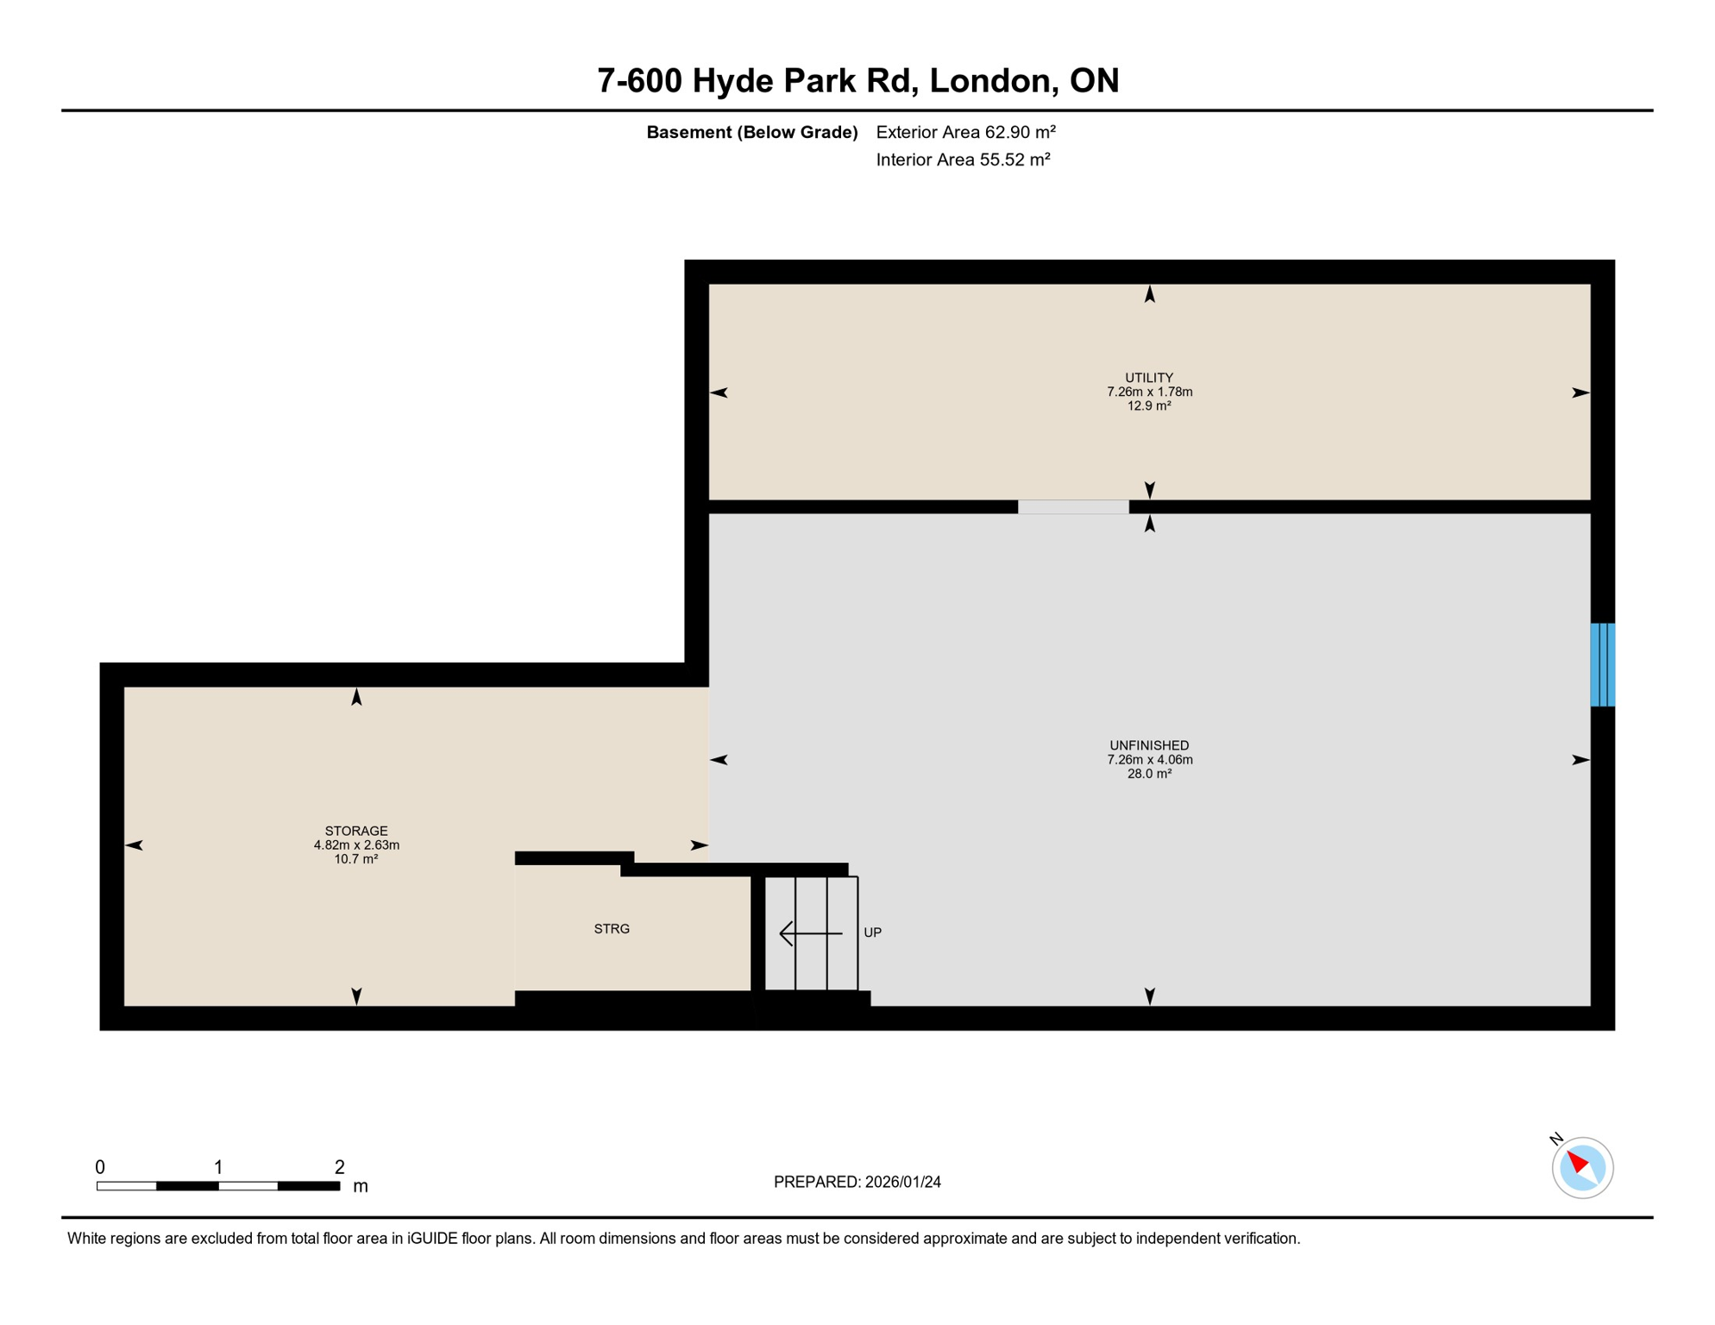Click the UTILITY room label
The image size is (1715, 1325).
click(x=1149, y=378)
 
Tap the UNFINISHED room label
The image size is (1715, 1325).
click(x=1149, y=745)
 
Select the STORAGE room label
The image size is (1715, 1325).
click(x=356, y=831)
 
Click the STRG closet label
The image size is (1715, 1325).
click(x=612, y=929)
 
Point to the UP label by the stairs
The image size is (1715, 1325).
click(x=872, y=933)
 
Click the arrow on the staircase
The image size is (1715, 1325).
click(x=810, y=933)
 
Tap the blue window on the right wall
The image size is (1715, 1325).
click(x=1602, y=665)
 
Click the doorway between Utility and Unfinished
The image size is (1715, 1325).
click(x=1073, y=507)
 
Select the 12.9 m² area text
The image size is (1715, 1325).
click(x=1149, y=406)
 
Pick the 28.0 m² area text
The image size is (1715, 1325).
click(x=1149, y=774)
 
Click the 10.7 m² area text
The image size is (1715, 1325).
click(x=356, y=859)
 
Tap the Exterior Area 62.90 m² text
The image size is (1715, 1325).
click(x=965, y=132)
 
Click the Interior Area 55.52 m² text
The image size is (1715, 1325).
click(x=963, y=160)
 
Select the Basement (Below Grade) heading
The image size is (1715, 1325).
click(x=751, y=132)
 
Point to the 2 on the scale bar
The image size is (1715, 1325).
click(x=340, y=1167)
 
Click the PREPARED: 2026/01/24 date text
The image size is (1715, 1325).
click(x=857, y=1182)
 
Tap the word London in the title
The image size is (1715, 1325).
click(x=993, y=80)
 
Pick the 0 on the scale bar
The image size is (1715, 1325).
click(x=100, y=1167)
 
